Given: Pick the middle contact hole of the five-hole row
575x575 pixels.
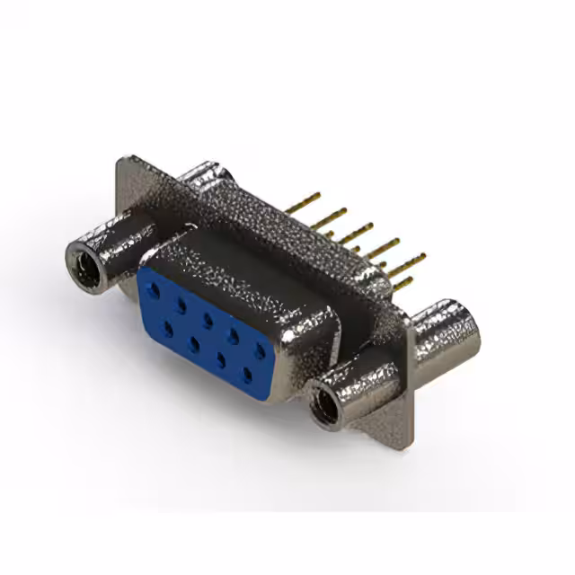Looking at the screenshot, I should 208,319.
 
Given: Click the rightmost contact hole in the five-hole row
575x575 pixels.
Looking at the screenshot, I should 260,349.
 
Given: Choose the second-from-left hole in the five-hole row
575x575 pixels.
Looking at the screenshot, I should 181,305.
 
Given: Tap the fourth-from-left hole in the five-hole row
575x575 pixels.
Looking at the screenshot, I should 234,334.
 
